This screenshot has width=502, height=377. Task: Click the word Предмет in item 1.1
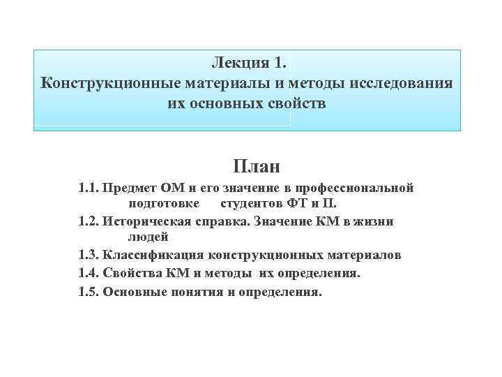point(130,188)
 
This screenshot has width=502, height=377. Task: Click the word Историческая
point(144,221)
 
